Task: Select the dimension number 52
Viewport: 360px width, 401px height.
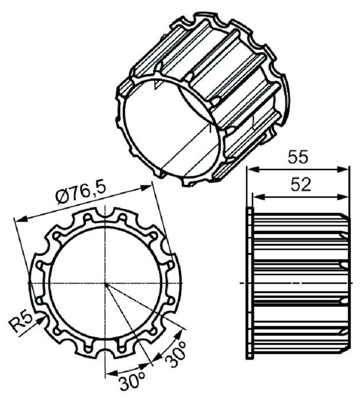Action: [301, 186]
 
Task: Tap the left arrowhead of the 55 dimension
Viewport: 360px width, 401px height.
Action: [251, 169]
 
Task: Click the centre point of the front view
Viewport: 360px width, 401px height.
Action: [104, 282]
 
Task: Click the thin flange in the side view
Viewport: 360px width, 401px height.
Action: [249, 283]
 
